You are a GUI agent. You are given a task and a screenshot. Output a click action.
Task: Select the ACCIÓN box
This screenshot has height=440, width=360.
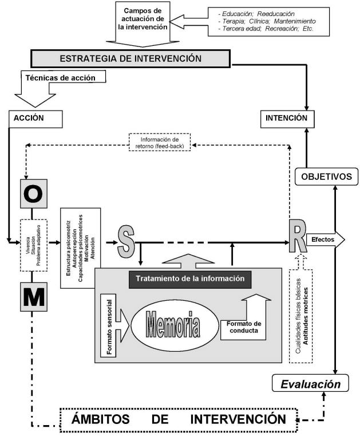point(35,118)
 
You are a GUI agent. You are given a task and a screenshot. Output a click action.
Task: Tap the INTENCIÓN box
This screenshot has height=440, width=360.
point(287,119)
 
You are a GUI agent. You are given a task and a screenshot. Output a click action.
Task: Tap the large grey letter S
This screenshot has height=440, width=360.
point(126,242)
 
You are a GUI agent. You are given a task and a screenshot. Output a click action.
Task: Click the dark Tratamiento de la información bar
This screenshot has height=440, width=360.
point(190,279)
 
